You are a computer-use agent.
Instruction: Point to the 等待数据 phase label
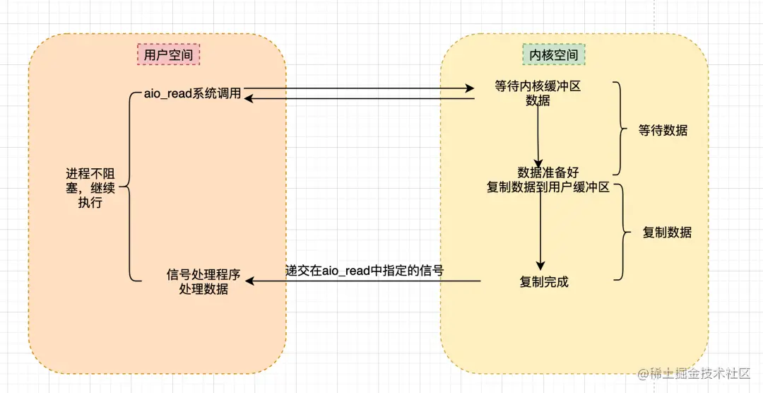(663, 130)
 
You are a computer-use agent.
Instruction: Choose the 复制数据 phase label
(666, 233)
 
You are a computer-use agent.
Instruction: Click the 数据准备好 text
(548, 173)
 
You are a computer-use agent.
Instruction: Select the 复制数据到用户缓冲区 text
(548, 187)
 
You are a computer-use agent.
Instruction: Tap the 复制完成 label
(544, 282)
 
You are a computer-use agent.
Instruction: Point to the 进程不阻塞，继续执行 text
(91, 188)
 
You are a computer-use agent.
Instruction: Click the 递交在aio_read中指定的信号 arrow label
(364, 270)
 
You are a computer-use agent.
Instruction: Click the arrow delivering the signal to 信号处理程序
(364, 282)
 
